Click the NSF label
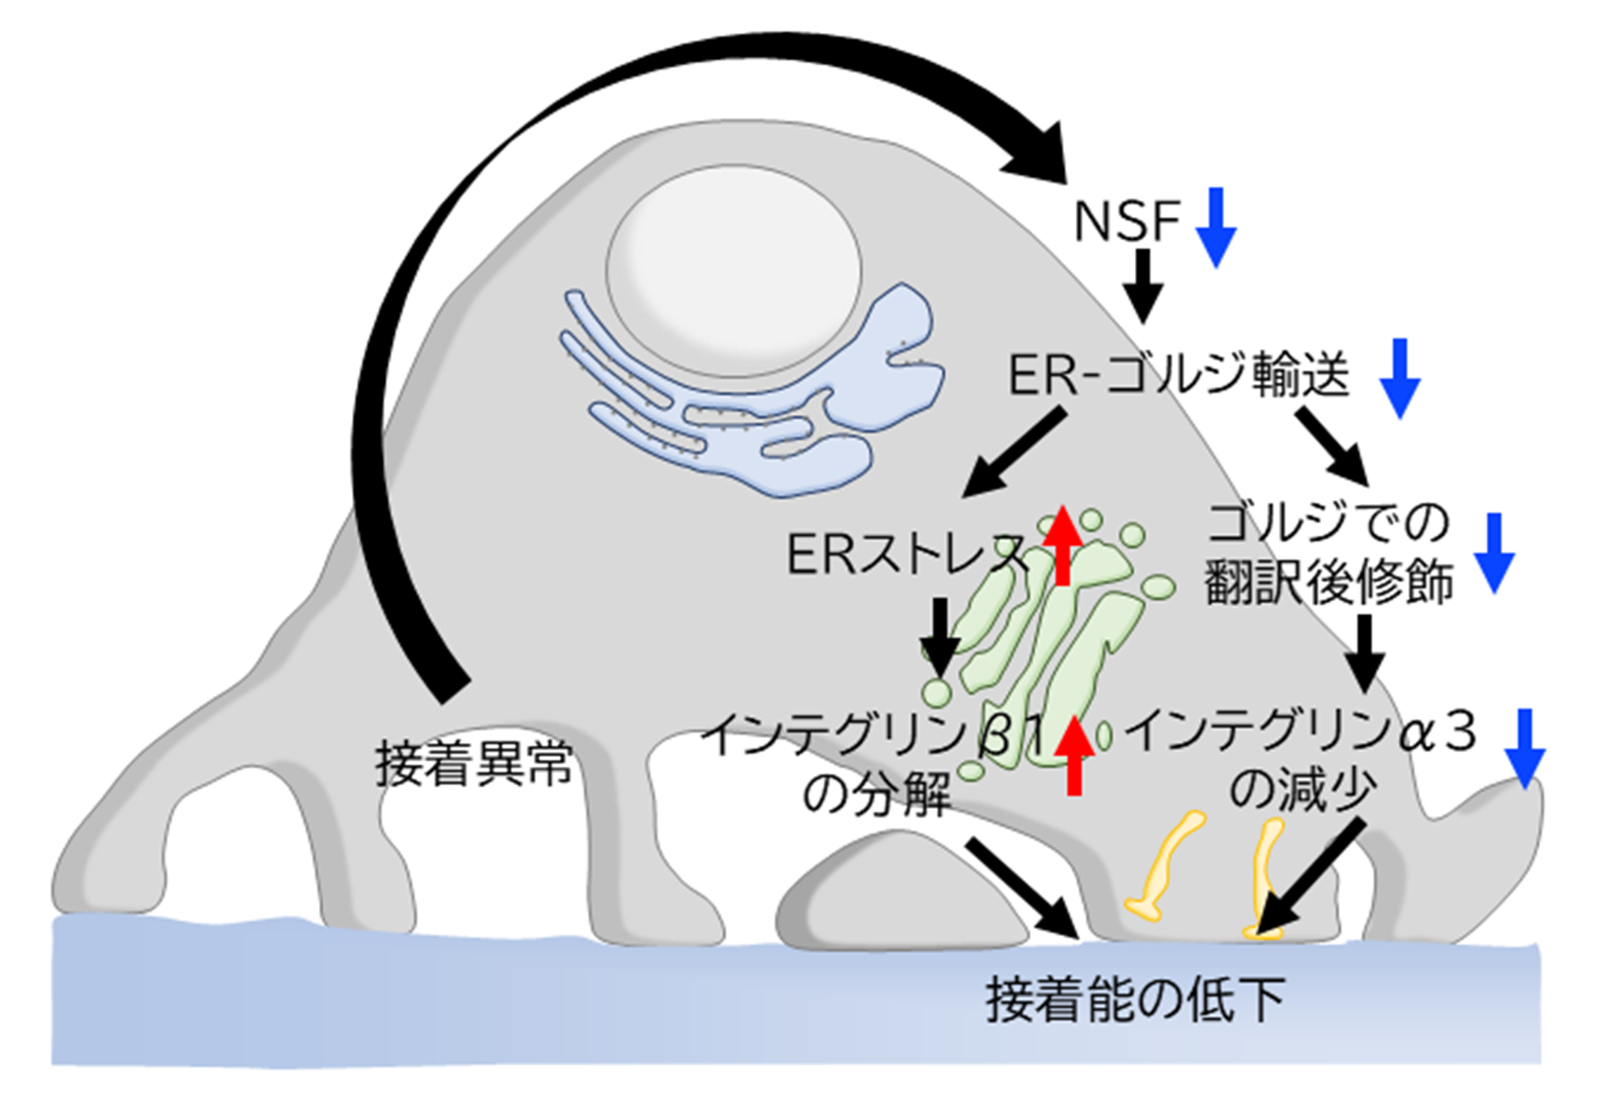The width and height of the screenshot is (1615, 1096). point(1126,221)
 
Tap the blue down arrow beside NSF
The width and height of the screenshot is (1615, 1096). point(1216,227)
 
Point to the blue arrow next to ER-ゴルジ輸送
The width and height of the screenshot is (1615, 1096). point(1399,378)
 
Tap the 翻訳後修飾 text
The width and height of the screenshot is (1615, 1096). point(1329,582)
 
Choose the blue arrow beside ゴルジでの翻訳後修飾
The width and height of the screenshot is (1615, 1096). point(1494,553)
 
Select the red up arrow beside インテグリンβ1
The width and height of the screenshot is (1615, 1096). point(1074,755)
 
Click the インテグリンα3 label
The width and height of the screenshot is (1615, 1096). point(1301,732)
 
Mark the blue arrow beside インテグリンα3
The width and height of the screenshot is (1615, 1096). point(1525,748)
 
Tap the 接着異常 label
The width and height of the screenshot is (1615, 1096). point(474,764)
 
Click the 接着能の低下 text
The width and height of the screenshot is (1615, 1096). point(1135,1000)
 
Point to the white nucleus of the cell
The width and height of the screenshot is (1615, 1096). point(733,271)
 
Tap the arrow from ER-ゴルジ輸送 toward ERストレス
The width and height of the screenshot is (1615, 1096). point(1014,452)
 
